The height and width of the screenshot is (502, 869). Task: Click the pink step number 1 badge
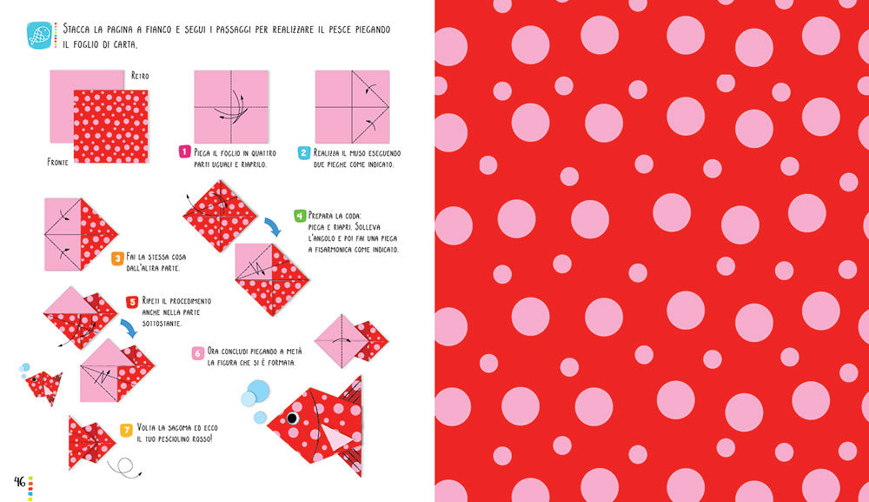coord(184,151)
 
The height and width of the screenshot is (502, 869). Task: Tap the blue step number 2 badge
coord(303,152)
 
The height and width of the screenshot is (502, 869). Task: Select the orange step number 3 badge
coord(117,258)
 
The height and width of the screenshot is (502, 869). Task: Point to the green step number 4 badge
coord(300,216)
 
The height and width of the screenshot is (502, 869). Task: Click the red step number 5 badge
coord(132,302)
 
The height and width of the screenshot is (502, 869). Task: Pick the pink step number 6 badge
coord(198,353)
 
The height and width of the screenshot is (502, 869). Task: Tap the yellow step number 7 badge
coord(127,430)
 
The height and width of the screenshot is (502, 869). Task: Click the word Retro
coord(140,76)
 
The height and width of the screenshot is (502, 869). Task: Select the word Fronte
coord(57,162)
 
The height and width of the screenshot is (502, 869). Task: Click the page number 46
coord(20,481)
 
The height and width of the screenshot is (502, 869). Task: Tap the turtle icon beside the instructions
coord(39,35)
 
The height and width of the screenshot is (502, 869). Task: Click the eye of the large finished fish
coord(292,418)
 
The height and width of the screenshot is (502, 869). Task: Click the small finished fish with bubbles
coord(43,386)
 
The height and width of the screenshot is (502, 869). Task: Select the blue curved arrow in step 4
coord(273,226)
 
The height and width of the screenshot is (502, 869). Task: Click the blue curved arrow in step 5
coord(129,328)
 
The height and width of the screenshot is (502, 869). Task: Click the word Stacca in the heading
coord(78,29)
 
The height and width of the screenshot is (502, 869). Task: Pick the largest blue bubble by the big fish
coord(258,391)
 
